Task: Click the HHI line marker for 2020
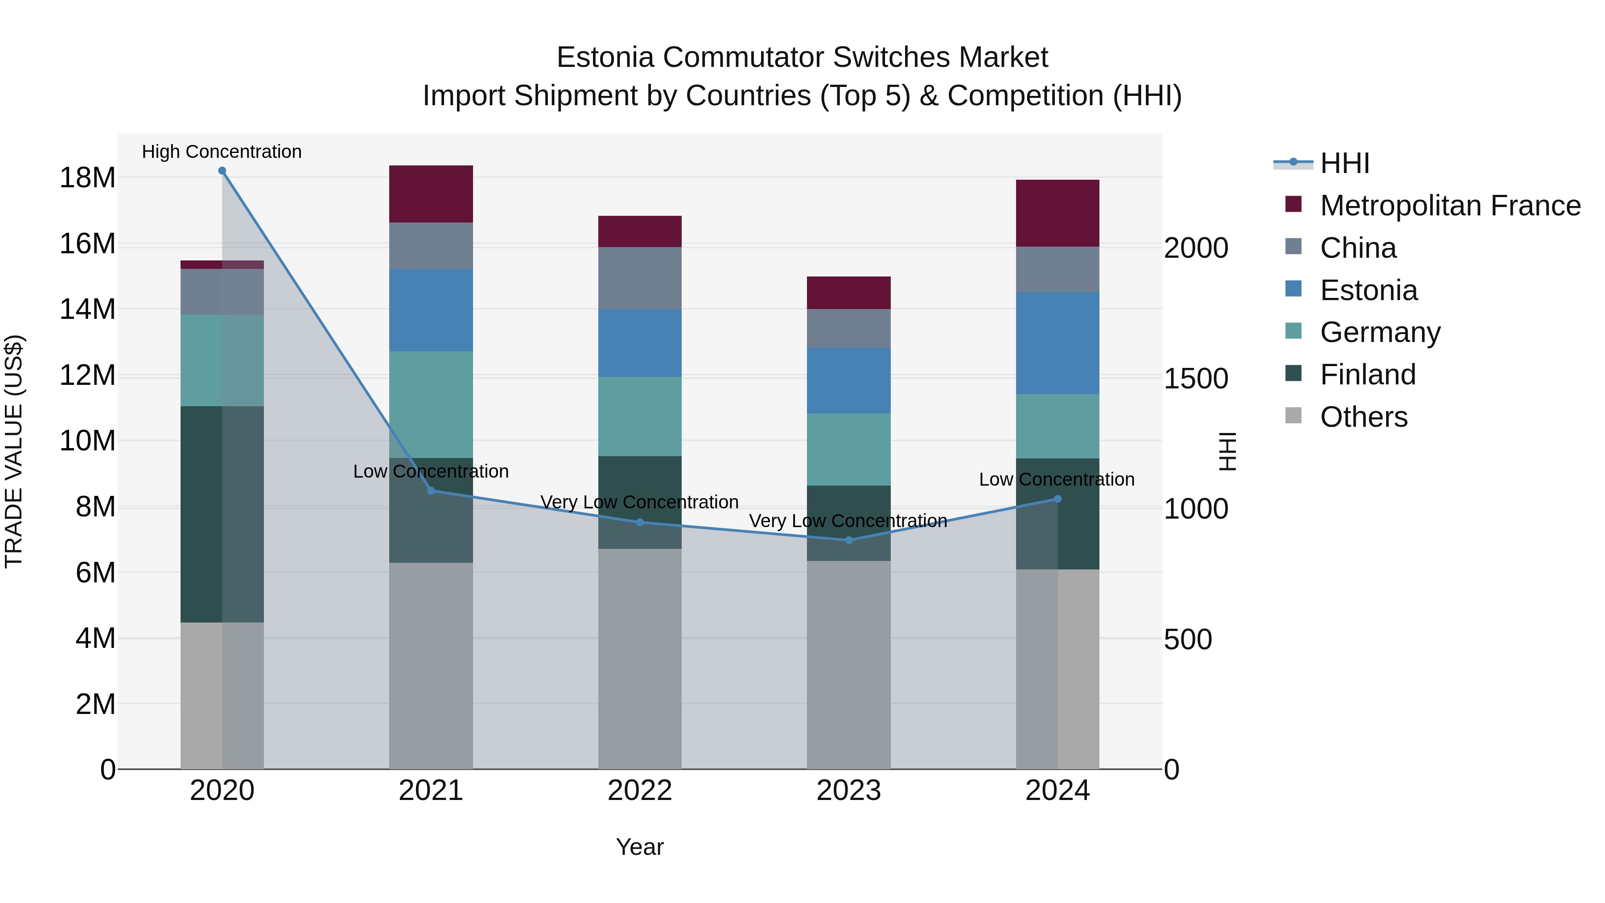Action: (x=222, y=171)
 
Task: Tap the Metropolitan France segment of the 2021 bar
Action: (x=431, y=194)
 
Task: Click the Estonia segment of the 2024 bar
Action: (x=1058, y=343)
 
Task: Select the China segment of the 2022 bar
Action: (x=639, y=278)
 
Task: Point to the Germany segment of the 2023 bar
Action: (x=848, y=449)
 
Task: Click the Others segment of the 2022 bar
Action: (x=639, y=659)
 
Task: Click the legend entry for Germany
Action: (x=1379, y=332)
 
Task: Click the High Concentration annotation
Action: (x=222, y=152)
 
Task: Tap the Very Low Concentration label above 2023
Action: (x=848, y=520)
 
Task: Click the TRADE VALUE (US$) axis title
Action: (x=14, y=451)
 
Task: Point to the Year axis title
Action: (x=639, y=847)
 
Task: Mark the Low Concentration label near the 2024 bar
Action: (x=1056, y=479)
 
